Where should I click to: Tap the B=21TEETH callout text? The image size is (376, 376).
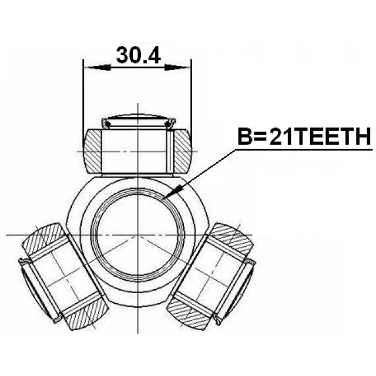pos(304,137)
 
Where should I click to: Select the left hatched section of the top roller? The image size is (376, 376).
pos(93,151)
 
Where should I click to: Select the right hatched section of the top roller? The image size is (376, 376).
pos(183,151)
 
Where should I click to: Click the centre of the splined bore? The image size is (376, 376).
pos(138,234)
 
